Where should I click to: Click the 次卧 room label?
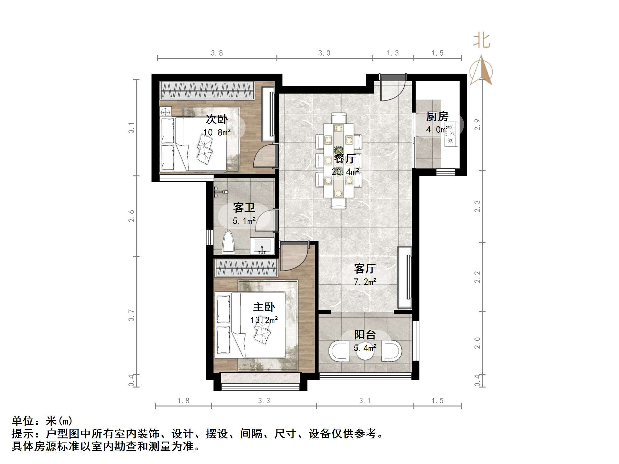(x=217, y=119)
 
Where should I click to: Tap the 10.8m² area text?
(x=217, y=132)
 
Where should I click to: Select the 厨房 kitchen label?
(x=437, y=116)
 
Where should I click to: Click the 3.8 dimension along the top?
(x=217, y=53)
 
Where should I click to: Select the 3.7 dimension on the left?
(x=131, y=315)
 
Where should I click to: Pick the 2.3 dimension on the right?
(x=477, y=206)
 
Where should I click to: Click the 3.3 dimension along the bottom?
(x=264, y=401)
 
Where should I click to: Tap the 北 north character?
(x=481, y=41)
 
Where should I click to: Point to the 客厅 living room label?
(x=365, y=269)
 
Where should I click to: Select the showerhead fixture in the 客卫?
(x=220, y=192)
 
